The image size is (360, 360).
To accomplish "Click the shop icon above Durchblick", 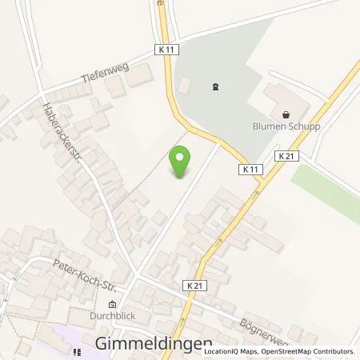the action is pyautogui.click(x=112, y=303).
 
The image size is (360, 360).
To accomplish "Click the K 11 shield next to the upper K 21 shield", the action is pyautogui.click(x=251, y=170).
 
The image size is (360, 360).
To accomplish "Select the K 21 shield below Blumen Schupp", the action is pyautogui.click(x=286, y=157).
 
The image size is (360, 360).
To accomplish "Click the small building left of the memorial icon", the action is pyautogui.click(x=185, y=84).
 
